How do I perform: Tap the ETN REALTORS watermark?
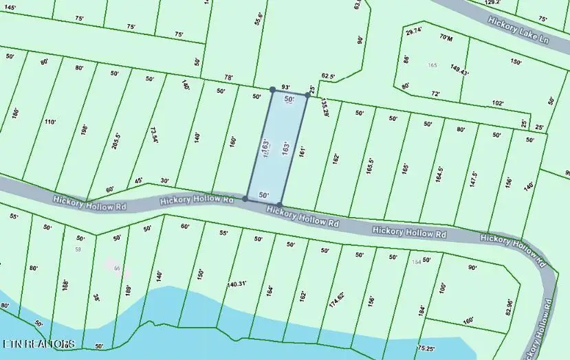pyautogui.click(x=39, y=343)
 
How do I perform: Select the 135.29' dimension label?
pyautogui.click(x=325, y=107)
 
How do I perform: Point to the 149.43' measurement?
pyautogui.click(x=459, y=70)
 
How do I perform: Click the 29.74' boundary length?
pyautogui.click(x=415, y=32)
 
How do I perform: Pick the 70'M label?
pyautogui.click(x=446, y=38)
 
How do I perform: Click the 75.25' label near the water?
pyautogui.click(x=426, y=349)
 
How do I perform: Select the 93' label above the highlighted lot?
pyautogui.click(x=286, y=87)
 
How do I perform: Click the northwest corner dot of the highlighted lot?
pyautogui.click(x=273, y=89)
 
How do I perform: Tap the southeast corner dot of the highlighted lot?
pyautogui.click(x=281, y=204)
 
